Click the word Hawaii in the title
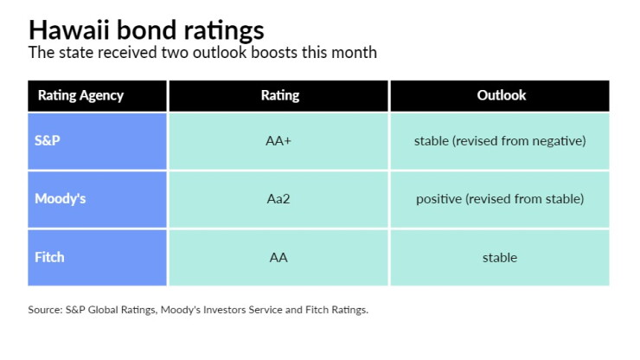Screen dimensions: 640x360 69,29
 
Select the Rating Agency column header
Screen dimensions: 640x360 80,95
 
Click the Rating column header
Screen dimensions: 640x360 280,95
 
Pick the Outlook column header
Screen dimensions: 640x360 502,95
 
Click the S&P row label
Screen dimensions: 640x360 48,140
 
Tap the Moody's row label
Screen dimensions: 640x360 61,198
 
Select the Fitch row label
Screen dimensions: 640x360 49,257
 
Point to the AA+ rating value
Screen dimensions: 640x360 278,141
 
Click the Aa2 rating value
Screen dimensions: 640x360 278,199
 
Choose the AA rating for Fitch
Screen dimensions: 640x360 278,257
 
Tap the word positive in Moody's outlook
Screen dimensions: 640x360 438,199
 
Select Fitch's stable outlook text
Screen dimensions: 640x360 500,257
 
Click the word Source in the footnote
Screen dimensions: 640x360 45,310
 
